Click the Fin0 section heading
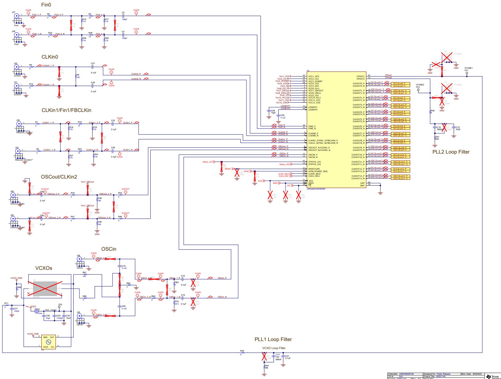point(46,5)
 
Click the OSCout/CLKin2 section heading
point(59,177)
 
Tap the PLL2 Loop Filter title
point(451,152)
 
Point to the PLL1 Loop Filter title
point(273,339)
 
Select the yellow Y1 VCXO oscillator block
point(48,342)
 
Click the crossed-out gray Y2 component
point(45,289)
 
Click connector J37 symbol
point(16,16)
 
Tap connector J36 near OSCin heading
point(79,259)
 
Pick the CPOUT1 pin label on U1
point(360,76)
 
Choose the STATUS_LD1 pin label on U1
point(315,162)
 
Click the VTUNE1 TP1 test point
point(467,73)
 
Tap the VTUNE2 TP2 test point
point(418,90)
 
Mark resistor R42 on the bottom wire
point(242,352)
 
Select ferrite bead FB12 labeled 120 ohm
point(37,311)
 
